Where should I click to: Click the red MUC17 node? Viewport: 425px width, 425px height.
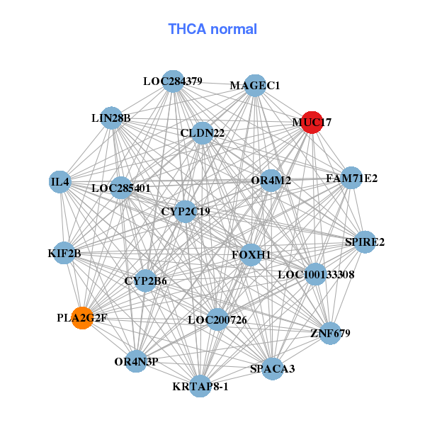[312, 122]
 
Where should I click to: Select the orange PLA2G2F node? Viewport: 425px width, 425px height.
[82, 318]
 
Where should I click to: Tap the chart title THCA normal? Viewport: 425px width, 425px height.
[212, 29]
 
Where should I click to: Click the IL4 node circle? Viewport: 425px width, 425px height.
[60, 182]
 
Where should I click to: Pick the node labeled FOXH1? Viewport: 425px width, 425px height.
[251, 254]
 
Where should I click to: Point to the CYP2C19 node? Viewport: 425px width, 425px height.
[186, 210]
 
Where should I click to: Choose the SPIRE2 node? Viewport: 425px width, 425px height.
[365, 242]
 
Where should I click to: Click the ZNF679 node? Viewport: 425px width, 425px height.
[330, 333]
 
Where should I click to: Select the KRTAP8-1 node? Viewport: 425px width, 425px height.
[200, 386]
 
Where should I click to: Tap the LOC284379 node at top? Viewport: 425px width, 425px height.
[173, 81]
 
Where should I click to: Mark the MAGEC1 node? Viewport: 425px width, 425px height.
[255, 86]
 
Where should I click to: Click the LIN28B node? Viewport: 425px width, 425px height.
[111, 118]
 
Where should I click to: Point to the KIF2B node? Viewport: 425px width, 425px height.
[65, 253]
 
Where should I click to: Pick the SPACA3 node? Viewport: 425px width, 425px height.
[273, 368]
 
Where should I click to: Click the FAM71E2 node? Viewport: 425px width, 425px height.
[351, 178]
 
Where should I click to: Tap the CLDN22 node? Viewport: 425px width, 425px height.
[203, 132]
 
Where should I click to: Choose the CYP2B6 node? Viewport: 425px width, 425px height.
[145, 281]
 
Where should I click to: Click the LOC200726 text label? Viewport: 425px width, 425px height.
[217, 320]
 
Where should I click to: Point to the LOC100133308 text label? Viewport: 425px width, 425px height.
[316, 274]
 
